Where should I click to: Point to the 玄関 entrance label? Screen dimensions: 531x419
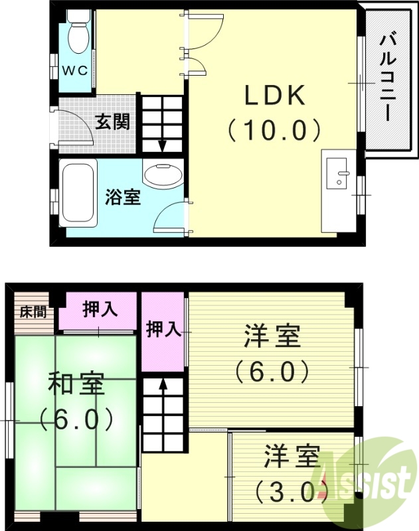click(x=112, y=121)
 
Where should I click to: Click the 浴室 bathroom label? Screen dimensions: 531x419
click(x=123, y=197)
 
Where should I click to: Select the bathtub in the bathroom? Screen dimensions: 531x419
click(x=78, y=190)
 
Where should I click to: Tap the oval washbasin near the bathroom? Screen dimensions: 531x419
click(x=161, y=175)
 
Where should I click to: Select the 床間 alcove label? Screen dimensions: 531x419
click(x=32, y=311)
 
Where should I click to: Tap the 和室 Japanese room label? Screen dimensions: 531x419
click(x=75, y=385)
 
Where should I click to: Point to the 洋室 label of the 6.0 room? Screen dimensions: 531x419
click(x=272, y=337)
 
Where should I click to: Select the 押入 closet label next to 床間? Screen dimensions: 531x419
click(x=99, y=309)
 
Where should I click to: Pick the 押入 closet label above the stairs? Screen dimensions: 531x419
click(x=163, y=329)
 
